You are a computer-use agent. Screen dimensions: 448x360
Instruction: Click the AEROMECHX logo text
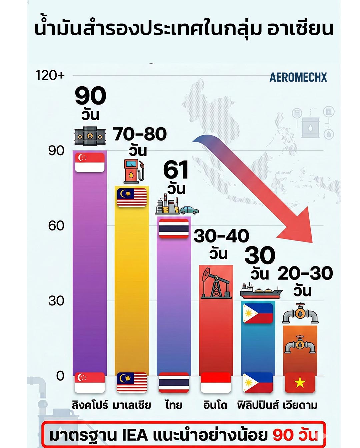[x=298, y=77]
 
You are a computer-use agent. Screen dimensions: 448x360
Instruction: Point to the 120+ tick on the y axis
[x=50, y=75]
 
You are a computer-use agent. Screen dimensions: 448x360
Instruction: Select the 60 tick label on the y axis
[x=56, y=226]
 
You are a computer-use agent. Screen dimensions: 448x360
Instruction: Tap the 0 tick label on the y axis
[x=60, y=376]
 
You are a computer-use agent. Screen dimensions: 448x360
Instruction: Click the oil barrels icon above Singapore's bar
[x=90, y=136]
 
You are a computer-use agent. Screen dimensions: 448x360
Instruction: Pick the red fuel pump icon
[x=134, y=171]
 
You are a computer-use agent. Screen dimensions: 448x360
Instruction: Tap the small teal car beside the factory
[x=189, y=210]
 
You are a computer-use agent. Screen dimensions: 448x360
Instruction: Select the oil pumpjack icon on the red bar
[x=216, y=283]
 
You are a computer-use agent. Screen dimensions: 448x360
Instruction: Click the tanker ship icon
[x=261, y=291]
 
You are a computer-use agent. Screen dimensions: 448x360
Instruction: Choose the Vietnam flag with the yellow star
[x=300, y=383]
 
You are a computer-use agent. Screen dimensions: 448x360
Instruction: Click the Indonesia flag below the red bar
[x=216, y=383]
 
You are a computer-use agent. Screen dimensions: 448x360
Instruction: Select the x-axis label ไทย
[x=174, y=405]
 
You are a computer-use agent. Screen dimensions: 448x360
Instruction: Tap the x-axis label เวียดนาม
[x=300, y=405]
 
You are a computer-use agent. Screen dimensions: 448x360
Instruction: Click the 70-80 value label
[x=140, y=134]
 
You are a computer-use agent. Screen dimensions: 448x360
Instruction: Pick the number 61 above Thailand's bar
[x=176, y=170]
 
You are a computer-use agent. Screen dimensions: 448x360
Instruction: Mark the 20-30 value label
[x=305, y=273]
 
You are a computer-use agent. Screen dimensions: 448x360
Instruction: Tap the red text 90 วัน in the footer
[x=295, y=435]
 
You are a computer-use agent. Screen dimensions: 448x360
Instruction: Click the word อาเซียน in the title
[x=300, y=29]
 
